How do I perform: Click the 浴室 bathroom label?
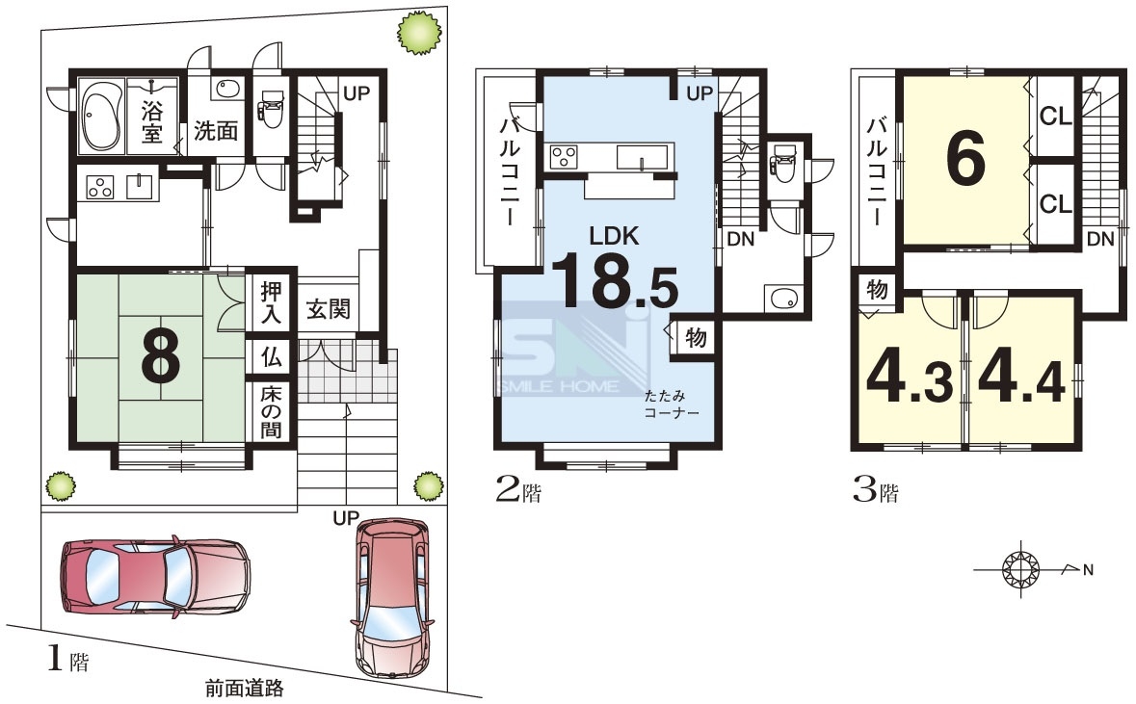(152, 121)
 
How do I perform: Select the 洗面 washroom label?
(216, 131)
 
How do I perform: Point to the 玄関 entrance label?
(329, 309)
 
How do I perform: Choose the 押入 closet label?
(271, 302)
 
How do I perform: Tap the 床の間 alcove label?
(271, 410)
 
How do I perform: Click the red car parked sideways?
(155, 577)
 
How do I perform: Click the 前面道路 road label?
(244, 688)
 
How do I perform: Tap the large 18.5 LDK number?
(615, 279)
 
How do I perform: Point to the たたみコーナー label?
(672, 404)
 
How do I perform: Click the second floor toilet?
(784, 162)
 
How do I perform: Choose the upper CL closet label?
(1055, 116)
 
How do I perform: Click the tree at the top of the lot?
(419, 33)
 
